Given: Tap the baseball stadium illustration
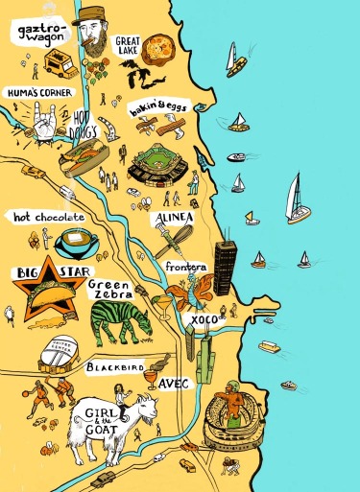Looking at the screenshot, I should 160,164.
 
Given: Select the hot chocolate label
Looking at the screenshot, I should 49,218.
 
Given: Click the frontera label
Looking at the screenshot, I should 186,268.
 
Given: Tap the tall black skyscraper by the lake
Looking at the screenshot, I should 224,268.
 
